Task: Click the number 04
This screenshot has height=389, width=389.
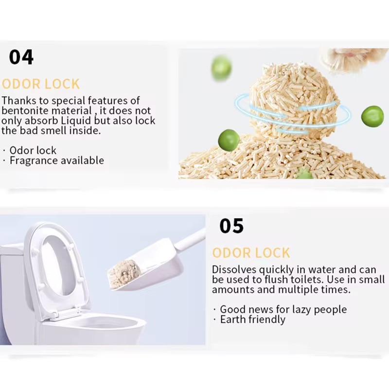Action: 21,57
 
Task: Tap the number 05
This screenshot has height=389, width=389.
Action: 231,226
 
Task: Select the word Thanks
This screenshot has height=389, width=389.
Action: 19,101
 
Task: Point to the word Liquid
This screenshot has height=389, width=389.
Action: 76,121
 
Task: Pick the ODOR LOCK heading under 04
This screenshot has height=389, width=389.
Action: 41,84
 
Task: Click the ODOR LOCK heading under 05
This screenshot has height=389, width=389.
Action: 251,253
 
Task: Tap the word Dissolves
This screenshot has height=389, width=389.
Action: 234,270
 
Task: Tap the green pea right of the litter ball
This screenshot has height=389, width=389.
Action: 372,116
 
